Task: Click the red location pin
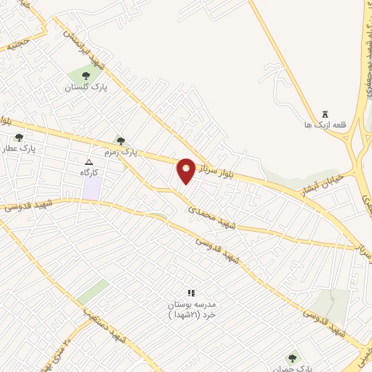point(186,170)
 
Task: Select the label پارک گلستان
point(86,87)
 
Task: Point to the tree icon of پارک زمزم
point(121,141)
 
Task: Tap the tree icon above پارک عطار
point(19,137)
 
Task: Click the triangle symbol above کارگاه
point(89,162)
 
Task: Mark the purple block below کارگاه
point(92,188)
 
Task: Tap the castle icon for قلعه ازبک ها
point(325,114)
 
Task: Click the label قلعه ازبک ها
point(325,126)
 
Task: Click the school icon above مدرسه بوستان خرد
point(191,292)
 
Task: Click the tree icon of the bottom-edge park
point(292,357)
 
